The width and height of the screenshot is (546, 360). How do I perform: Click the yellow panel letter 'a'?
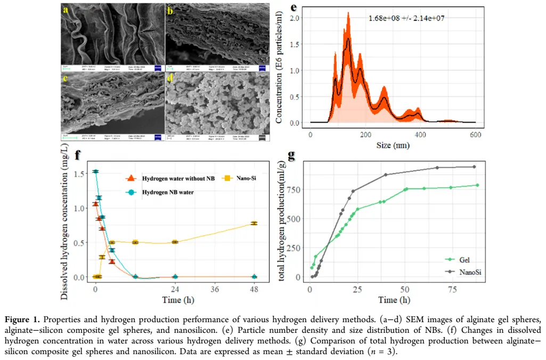(x=66, y=10)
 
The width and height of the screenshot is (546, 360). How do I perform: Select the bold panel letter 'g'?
(x=291, y=155)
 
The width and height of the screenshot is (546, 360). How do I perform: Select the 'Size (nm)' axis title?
(x=393, y=145)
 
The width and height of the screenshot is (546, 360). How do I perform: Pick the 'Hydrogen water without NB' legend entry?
(x=171, y=177)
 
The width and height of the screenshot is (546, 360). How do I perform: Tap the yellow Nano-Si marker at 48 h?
(x=254, y=223)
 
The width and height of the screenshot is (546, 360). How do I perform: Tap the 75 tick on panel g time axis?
(x=452, y=290)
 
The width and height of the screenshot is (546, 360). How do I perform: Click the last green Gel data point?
(x=478, y=185)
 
